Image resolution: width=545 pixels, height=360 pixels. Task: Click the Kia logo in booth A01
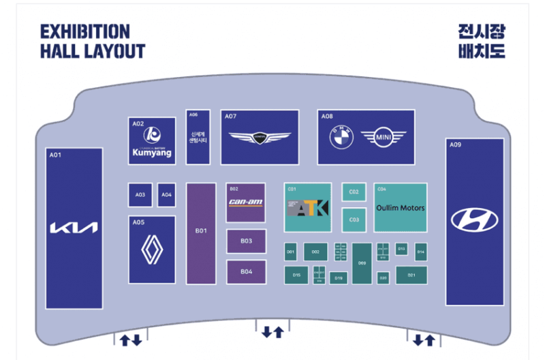tap(74, 227)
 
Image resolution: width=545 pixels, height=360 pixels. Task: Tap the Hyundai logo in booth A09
tap(474, 220)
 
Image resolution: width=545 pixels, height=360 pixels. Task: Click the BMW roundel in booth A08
tap(340, 138)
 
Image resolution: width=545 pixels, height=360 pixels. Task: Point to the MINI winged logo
tap(383, 138)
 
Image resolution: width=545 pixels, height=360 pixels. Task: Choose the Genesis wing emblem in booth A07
tap(259, 138)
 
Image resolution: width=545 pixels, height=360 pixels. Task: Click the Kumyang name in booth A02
tap(151, 153)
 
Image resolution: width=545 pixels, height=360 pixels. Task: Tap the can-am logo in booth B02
tap(245, 202)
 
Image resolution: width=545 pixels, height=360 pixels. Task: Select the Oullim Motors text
tap(400, 207)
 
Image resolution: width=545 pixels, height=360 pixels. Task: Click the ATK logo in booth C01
tap(307, 209)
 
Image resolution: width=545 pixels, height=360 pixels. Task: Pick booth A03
tap(140, 195)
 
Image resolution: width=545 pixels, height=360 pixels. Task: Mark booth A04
tap(167, 195)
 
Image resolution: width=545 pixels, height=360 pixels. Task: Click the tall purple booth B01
tap(201, 232)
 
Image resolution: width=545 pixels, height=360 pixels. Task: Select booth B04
tap(246, 271)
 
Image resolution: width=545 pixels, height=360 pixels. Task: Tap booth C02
tap(354, 192)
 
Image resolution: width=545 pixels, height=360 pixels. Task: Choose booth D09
tap(362, 263)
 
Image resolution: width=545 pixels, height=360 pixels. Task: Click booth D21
tap(411, 275)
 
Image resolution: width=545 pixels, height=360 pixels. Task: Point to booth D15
tap(296, 275)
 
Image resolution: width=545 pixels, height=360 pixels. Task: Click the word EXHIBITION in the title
tap(84, 31)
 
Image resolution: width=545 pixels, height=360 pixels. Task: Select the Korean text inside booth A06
tap(198, 136)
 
